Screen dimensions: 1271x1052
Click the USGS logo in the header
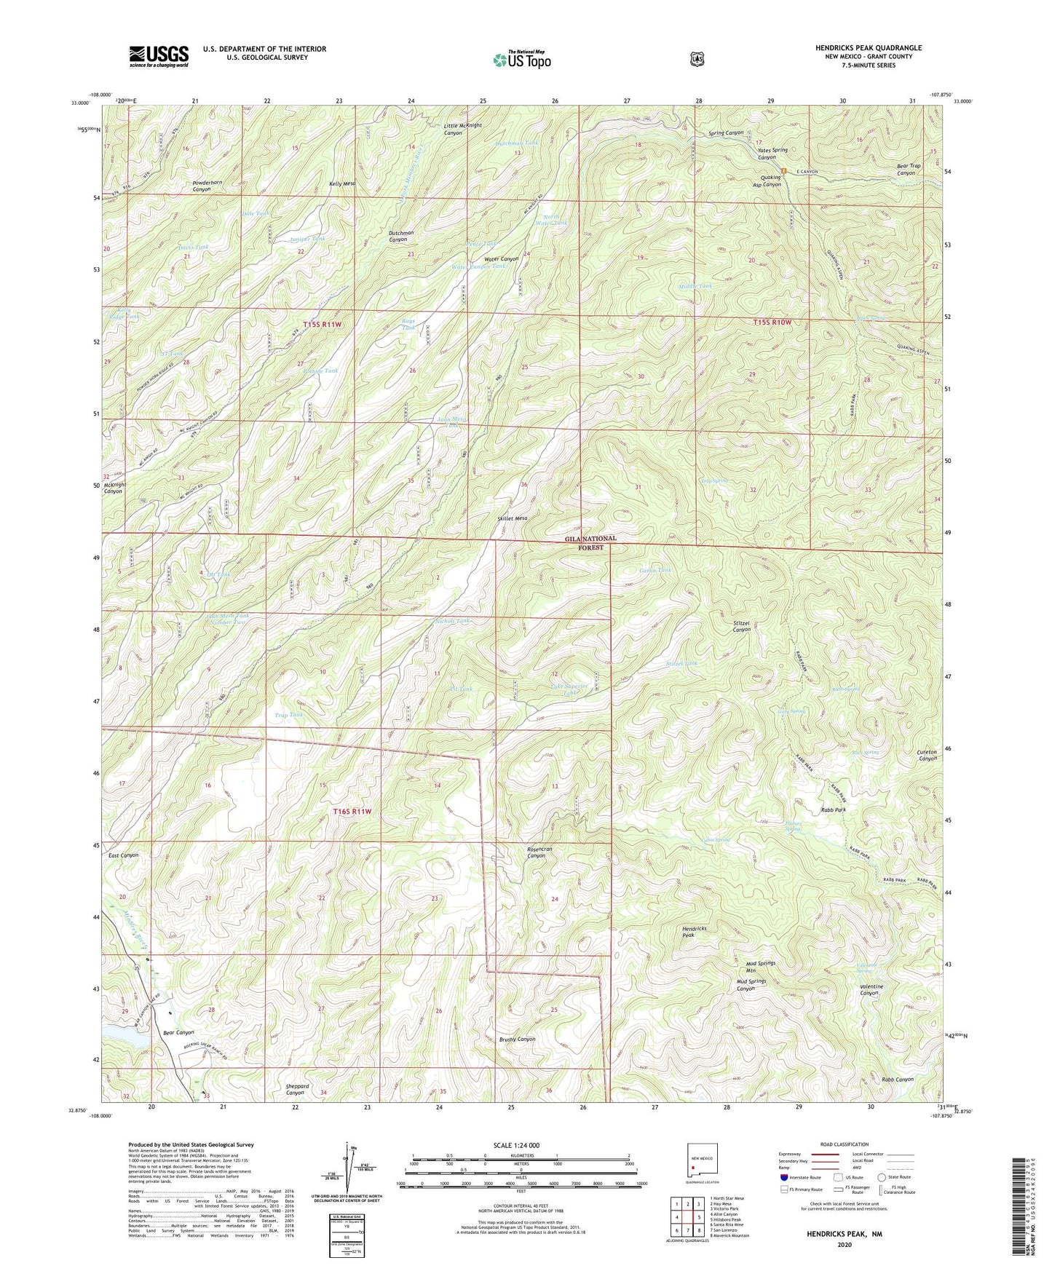tap(159, 56)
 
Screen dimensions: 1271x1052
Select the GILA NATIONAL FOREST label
tap(590, 542)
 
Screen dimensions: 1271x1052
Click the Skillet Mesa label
tap(513, 518)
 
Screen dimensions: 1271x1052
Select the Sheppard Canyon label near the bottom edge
tap(297, 1089)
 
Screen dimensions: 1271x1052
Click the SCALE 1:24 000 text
tap(516, 1145)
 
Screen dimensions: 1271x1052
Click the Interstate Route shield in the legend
tap(783, 1176)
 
